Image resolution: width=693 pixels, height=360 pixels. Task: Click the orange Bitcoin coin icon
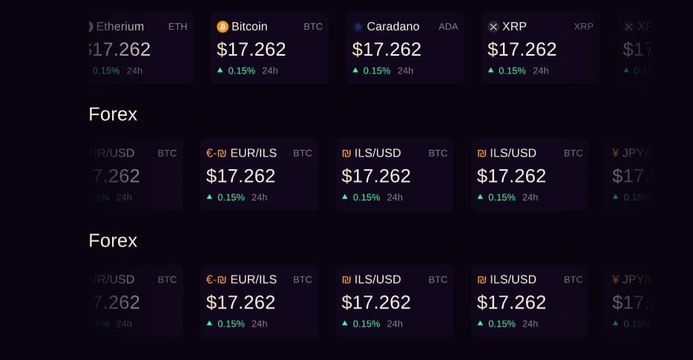pos(223,27)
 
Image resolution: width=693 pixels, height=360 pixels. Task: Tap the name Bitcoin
pos(249,27)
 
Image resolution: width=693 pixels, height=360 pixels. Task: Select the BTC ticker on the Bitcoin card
pos(313,27)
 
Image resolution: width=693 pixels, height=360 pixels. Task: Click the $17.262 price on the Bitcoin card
pos(251,49)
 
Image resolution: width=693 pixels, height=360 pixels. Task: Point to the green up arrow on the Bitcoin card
pos(220,70)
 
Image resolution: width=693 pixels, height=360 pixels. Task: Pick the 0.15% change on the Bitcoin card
pos(241,71)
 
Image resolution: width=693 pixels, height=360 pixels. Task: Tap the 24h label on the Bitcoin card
pos(270,71)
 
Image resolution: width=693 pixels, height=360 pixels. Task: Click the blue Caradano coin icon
pos(358,27)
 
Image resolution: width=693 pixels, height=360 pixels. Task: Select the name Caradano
pos(393,27)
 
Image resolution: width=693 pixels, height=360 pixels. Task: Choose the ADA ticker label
pos(448,27)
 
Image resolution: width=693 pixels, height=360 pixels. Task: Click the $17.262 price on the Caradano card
pos(387,49)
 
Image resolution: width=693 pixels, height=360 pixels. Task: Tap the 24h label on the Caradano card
pos(405,71)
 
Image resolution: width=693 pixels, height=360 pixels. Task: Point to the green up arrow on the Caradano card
pos(355,70)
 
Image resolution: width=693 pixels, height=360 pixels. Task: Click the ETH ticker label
pos(178,27)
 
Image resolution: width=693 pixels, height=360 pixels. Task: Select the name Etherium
pos(120,27)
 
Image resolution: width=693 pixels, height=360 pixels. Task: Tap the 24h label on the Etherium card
pos(134,71)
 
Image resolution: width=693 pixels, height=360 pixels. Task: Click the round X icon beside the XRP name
pos(493,27)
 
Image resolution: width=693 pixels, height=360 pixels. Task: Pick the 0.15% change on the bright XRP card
pos(512,71)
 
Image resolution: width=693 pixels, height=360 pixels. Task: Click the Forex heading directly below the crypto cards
pos(113,114)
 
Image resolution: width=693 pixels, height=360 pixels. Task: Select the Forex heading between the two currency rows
pos(113,240)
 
